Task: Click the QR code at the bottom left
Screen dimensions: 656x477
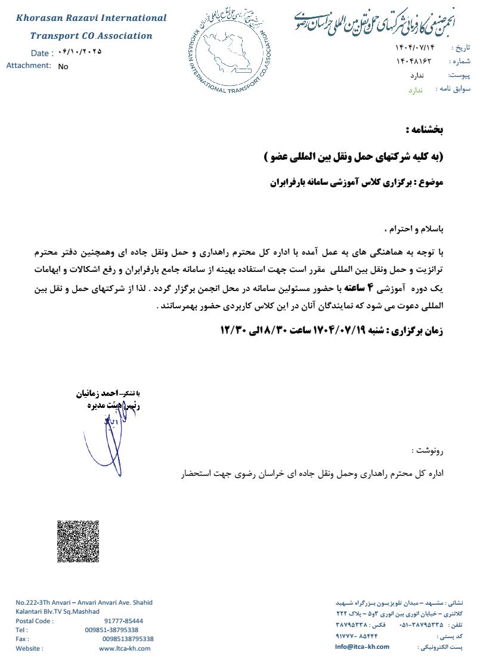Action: pyautogui.click(x=78, y=541)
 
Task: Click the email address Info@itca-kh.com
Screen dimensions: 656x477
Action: pyautogui.click(x=362, y=646)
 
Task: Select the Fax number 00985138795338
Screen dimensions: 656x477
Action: pyautogui.click(x=128, y=639)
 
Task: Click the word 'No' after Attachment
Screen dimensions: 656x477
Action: pyautogui.click(x=63, y=67)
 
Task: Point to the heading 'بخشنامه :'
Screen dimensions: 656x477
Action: pyautogui.click(x=425, y=129)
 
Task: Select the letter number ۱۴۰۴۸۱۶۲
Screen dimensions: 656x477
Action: pyautogui.click(x=413, y=61)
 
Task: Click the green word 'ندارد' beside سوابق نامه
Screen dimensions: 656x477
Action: pyautogui.click(x=415, y=89)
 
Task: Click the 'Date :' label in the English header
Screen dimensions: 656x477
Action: pyautogui.click(x=42, y=53)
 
